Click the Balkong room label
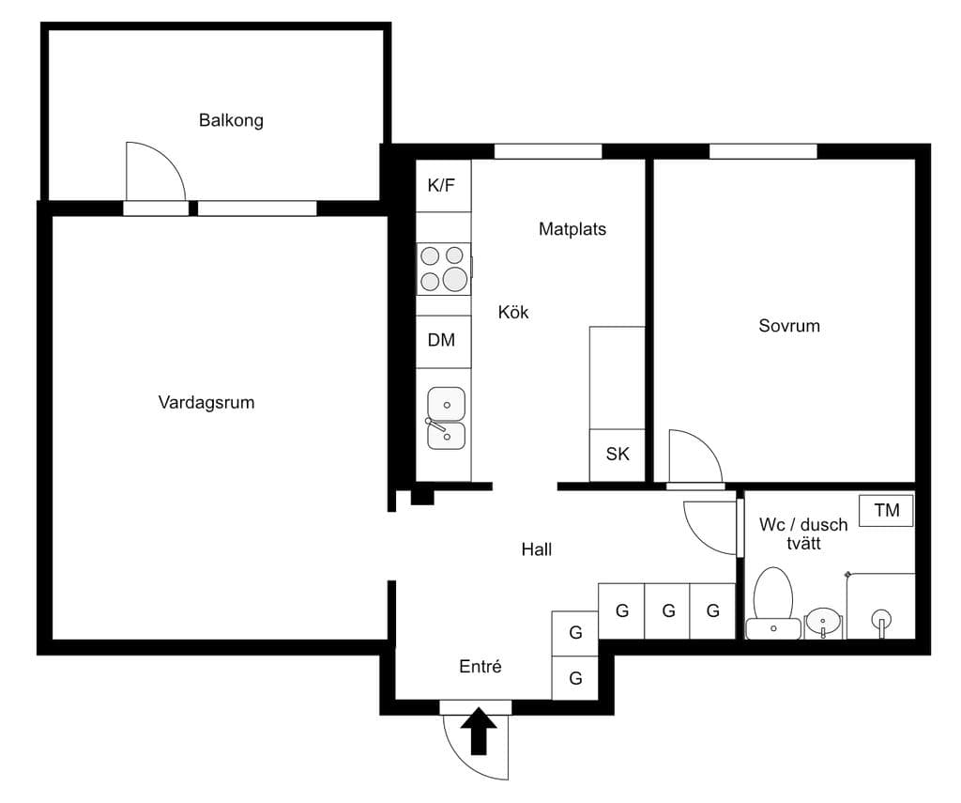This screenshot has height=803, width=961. [231, 120]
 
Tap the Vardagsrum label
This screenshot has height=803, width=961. [206, 402]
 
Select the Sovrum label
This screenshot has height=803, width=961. [789, 326]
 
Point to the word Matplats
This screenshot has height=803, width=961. [572, 229]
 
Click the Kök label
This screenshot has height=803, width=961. [513, 312]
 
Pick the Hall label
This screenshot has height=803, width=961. [536, 549]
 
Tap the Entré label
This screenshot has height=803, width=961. [480, 666]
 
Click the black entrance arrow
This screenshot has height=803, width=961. [479, 731]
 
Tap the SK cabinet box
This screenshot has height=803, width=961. [618, 456]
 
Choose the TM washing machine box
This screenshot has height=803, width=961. [886, 510]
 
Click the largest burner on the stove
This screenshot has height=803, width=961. [455, 279]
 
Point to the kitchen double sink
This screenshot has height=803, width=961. [446, 418]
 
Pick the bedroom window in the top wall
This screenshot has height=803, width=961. [763, 151]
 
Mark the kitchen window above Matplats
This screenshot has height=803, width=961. [548, 151]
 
